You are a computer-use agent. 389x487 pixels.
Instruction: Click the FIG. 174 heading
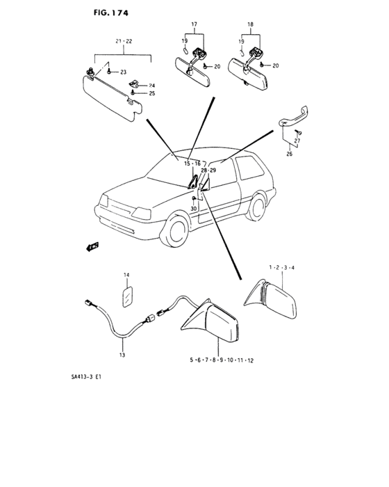(x=110, y=13)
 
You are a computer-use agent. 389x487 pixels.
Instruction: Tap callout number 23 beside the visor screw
(x=123, y=72)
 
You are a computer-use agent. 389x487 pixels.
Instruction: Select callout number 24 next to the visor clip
(x=151, y=86)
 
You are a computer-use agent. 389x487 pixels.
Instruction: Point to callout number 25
(x=151, y=93)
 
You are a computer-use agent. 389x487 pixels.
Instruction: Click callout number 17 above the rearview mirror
(x=194, y=24)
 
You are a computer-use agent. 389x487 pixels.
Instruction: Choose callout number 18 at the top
(x=250, y=24)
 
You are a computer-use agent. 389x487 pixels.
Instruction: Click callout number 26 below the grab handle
(x=289, y=154)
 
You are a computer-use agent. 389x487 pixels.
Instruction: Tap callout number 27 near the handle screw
(x=297, y=141)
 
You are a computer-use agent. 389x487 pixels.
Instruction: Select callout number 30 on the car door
(x=194, y=209)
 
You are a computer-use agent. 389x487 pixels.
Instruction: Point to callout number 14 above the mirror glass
(x=126, y=275)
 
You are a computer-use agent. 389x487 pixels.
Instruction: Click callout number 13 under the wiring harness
(x=122, y=355)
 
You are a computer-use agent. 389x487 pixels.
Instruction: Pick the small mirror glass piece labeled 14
(x=128, y=297)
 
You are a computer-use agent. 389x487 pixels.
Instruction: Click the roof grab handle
(x=294, y=117)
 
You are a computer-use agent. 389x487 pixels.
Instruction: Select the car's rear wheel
(x=256, y=207)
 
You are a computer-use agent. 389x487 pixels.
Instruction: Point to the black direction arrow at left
(x=92, y=246)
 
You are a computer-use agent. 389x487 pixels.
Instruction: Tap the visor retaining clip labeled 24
(x=134, y=83)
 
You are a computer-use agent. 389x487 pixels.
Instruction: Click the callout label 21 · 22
(x=124, y=41)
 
